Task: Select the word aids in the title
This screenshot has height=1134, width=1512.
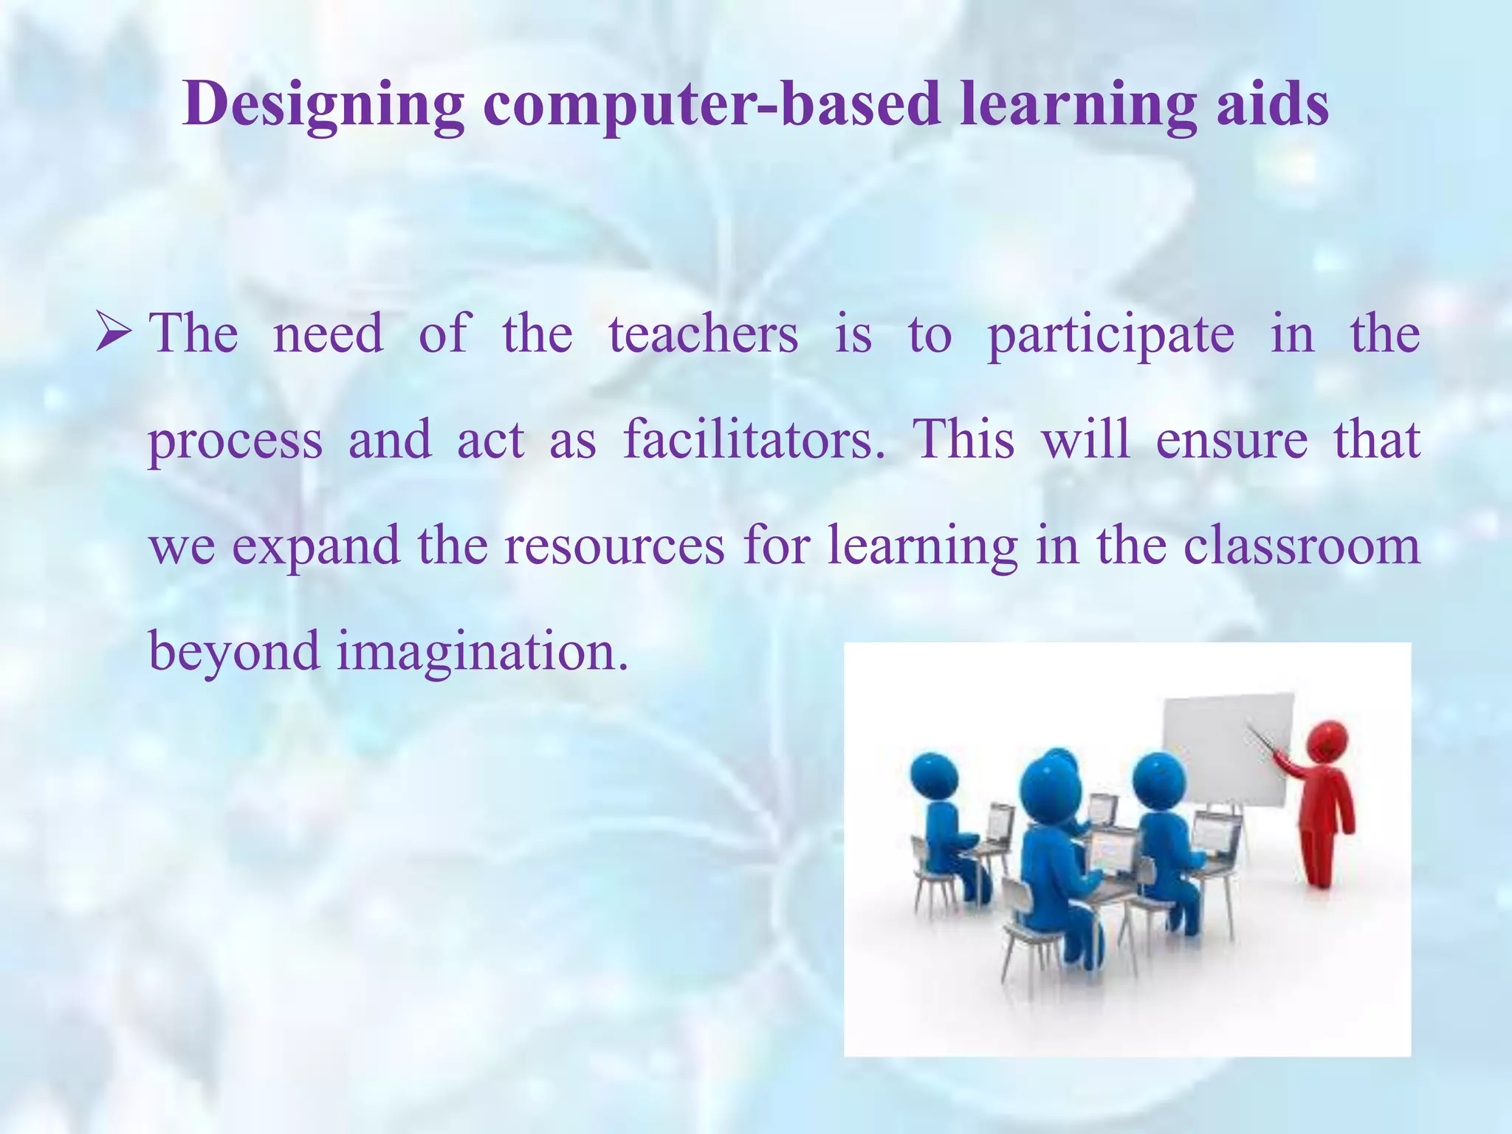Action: pos(1269,103)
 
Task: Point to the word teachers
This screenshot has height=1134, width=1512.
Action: pos(703,334)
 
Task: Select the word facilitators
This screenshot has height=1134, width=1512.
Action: pos(754,440)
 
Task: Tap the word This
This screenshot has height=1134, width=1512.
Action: pos(964,440)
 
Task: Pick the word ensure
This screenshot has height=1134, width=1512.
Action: pos(1231,440)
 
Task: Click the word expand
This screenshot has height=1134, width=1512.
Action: pos(316,547)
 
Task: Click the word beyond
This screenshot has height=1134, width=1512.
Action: pos(233,652)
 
